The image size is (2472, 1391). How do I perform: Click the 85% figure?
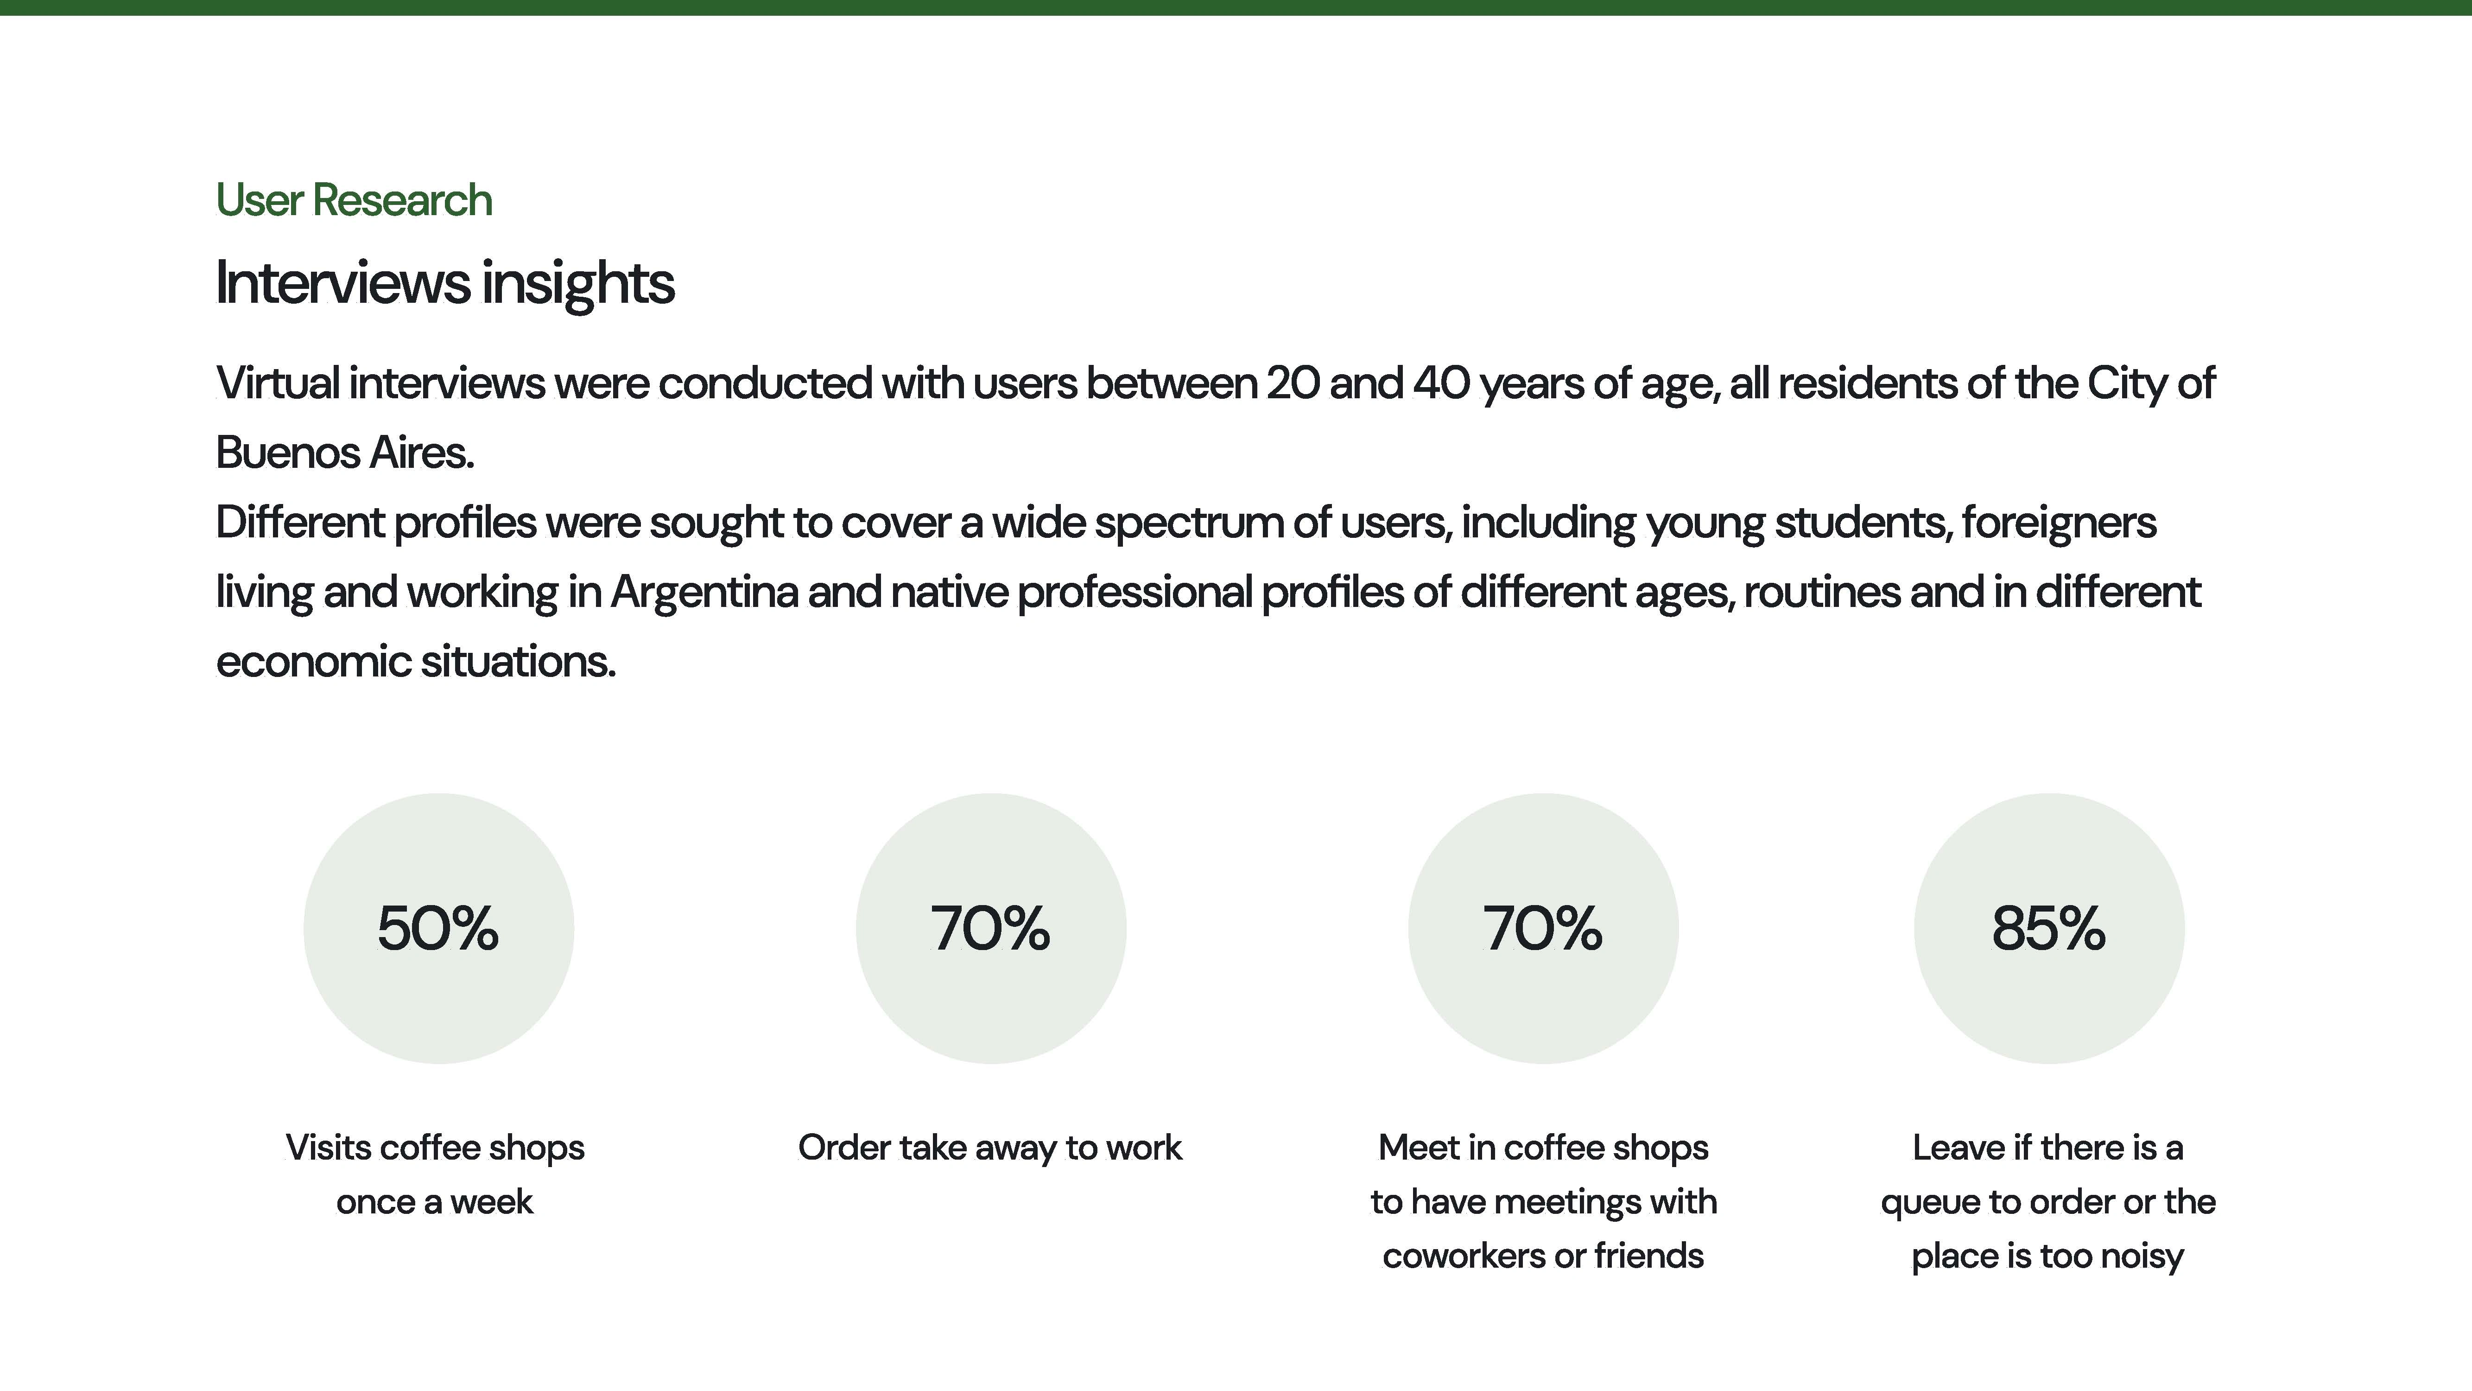pyautogui.click(x=2049, y=928)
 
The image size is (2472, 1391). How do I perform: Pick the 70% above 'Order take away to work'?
pyautogui.click(x=990, y=928)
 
